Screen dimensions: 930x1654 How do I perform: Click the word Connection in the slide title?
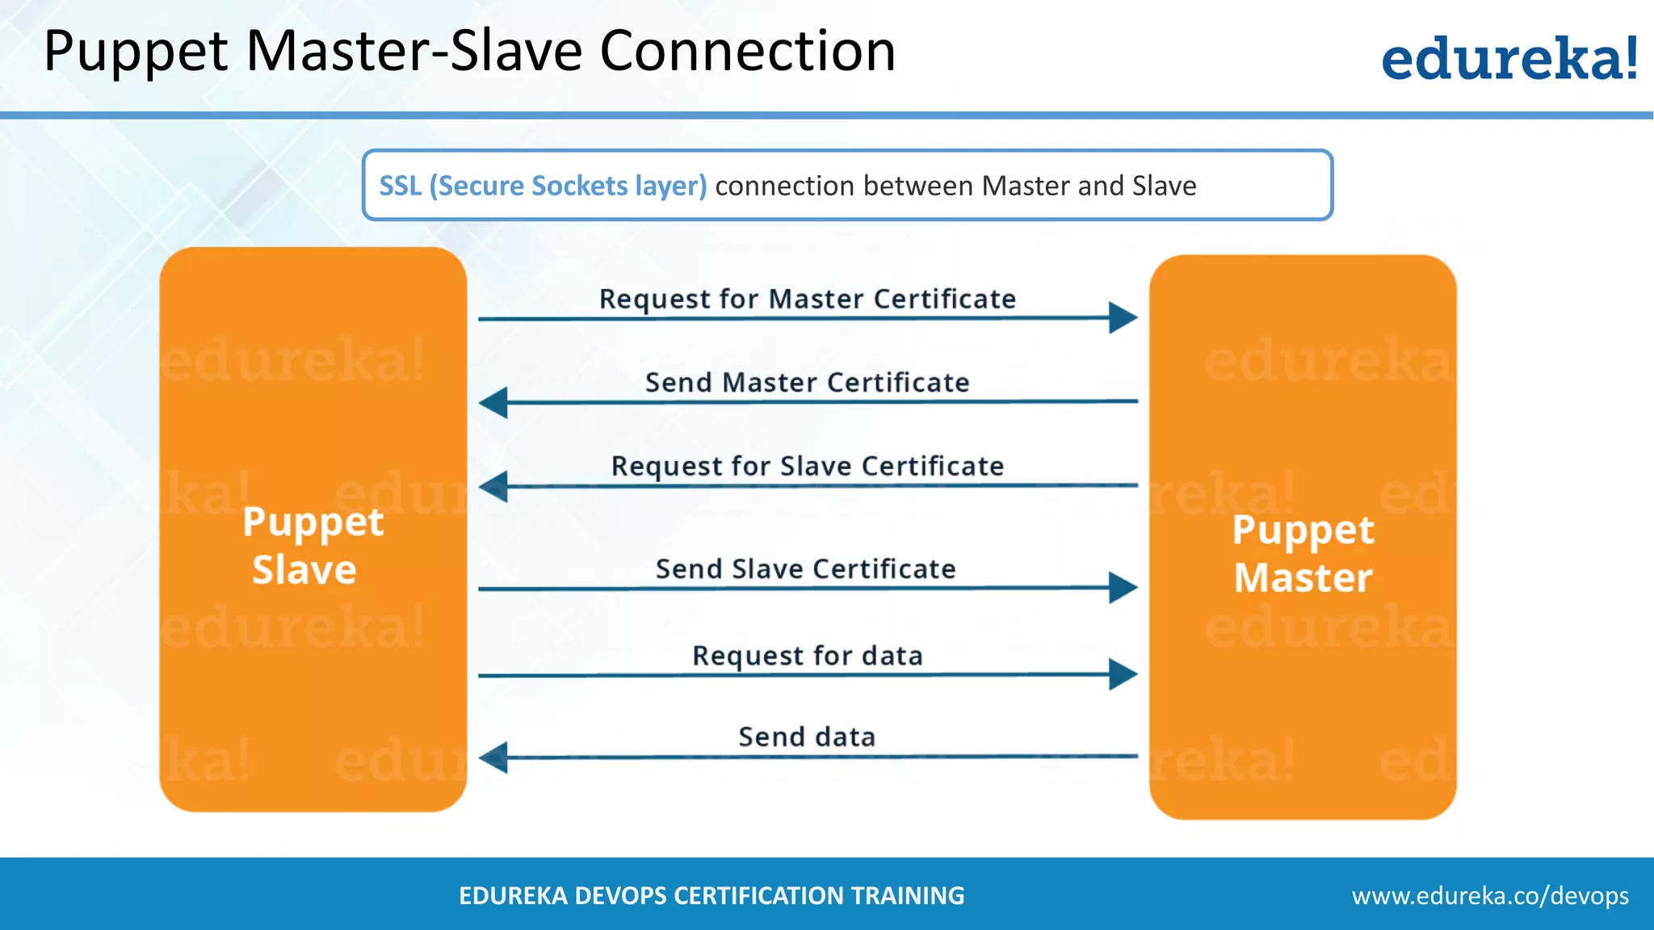pyautogui.click(x=747, y=52)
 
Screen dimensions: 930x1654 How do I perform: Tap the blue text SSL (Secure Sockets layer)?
pyautogui.click(x=543, y=186)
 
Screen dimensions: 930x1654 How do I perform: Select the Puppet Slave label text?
pyautogui.click(x=313, y=546)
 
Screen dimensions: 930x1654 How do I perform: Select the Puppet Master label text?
pyautogui.click(x=1303, y=554)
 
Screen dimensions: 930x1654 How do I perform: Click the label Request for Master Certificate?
pyautogui.click(x=807, y=299)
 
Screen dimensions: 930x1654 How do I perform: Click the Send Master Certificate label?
pyautogui.click(x=807, y=382)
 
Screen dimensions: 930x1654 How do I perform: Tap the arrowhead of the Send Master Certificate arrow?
pyautogui.click(x=494, y=402)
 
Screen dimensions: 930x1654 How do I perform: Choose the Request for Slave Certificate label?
pyautogui.click(x=807, y=466)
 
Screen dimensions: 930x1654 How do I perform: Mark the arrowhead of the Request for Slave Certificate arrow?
pyautogui.click(x=494, y=486)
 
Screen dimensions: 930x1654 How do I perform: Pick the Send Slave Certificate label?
pyautogui.click(x=805, y=568)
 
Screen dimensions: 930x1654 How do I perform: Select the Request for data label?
pyautogui.click(x=807, y=655)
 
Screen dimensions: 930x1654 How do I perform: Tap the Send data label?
pyautogui.click(x=807, y=736)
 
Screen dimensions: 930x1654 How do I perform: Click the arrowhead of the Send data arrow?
pyautogui.click(x=494, y=757)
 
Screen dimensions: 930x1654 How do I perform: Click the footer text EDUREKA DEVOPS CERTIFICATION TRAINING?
pyautogui.click(x=712, y=895)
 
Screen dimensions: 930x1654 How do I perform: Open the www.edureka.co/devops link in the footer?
pyautogui.click(x=1490, y=895)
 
